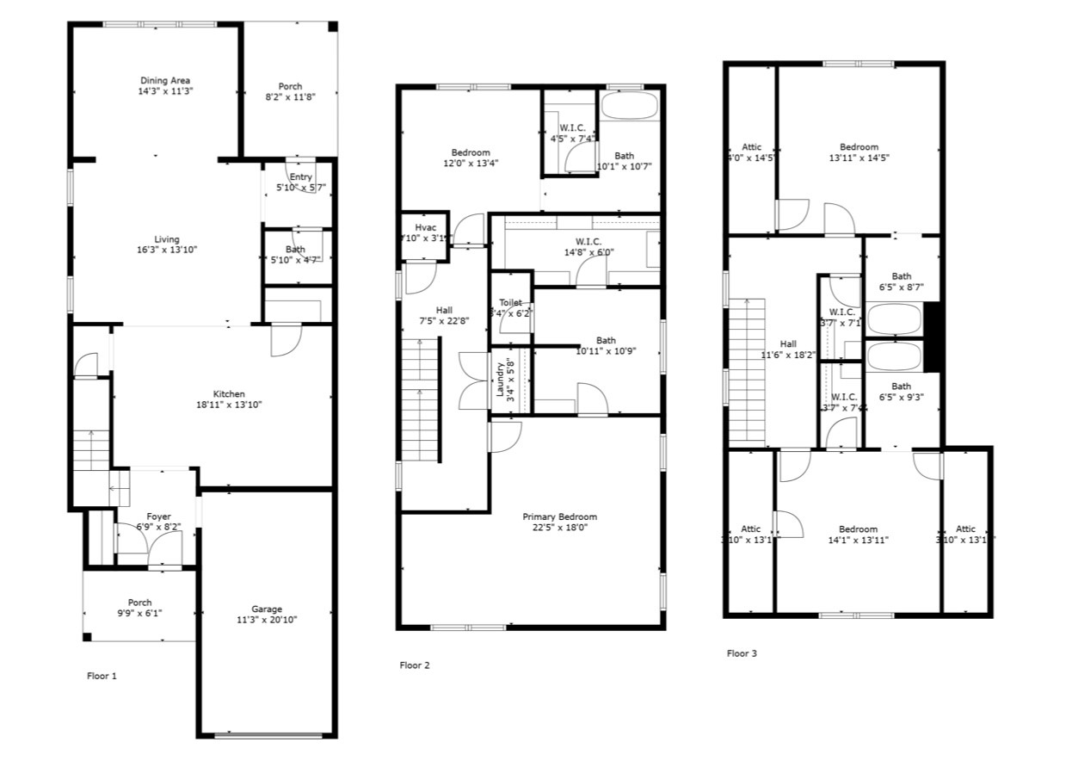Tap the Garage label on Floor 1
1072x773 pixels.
[x=266, y=609]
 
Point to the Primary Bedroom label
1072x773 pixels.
[x=559, y=516]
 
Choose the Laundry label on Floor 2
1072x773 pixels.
[x=499, y=378]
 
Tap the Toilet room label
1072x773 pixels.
[x=510, y=303]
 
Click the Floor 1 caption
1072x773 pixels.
[x=102, y=676]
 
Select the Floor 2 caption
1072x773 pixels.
[x=415, y=665]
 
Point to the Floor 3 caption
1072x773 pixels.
[x=742, y=653]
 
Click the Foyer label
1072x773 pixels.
[x=158, y=516]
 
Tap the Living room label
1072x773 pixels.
[x=167, y=239]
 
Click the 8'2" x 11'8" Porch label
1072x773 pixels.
[x=290, y=86]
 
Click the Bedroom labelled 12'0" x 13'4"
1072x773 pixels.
[x=471, y=152]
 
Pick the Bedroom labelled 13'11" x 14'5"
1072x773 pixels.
[x=859, y=147]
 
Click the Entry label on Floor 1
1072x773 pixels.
[x=300, y=177]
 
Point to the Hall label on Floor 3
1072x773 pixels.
[x=788, y=343]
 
